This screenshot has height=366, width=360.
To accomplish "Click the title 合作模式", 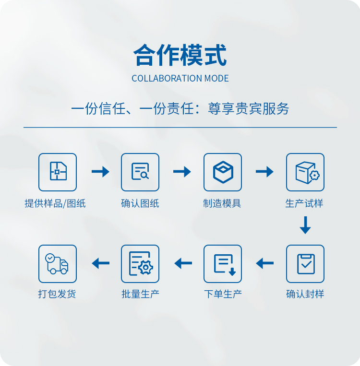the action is tap(180, 55).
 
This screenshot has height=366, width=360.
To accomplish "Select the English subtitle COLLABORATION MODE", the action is tap(180, 79).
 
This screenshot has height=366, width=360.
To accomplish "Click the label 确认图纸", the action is tap(140, 203).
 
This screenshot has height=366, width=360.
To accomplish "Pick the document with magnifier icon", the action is tap(140, 172).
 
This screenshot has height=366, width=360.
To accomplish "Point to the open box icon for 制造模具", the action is tap(223, 172).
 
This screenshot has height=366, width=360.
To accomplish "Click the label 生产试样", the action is tap(304, 203).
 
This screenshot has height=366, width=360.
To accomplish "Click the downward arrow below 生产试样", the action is tap(305, 225).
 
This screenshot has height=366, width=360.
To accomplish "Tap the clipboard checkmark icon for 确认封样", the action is tap(305, 264).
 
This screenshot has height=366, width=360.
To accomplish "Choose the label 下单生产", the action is tap(223, 294).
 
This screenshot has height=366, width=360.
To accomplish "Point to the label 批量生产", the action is tap(141, 294).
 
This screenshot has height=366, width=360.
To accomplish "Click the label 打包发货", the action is tap(57, 294).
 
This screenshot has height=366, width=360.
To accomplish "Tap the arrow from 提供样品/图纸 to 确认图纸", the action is tap(100, 172).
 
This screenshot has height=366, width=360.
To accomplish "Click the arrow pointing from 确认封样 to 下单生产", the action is tap(264, 263).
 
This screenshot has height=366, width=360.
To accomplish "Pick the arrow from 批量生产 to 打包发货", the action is tap(101, 263).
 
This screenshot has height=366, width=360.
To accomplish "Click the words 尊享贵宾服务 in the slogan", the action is tap(248, 109).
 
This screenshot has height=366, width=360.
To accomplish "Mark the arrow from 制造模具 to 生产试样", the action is tap(264, 172).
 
